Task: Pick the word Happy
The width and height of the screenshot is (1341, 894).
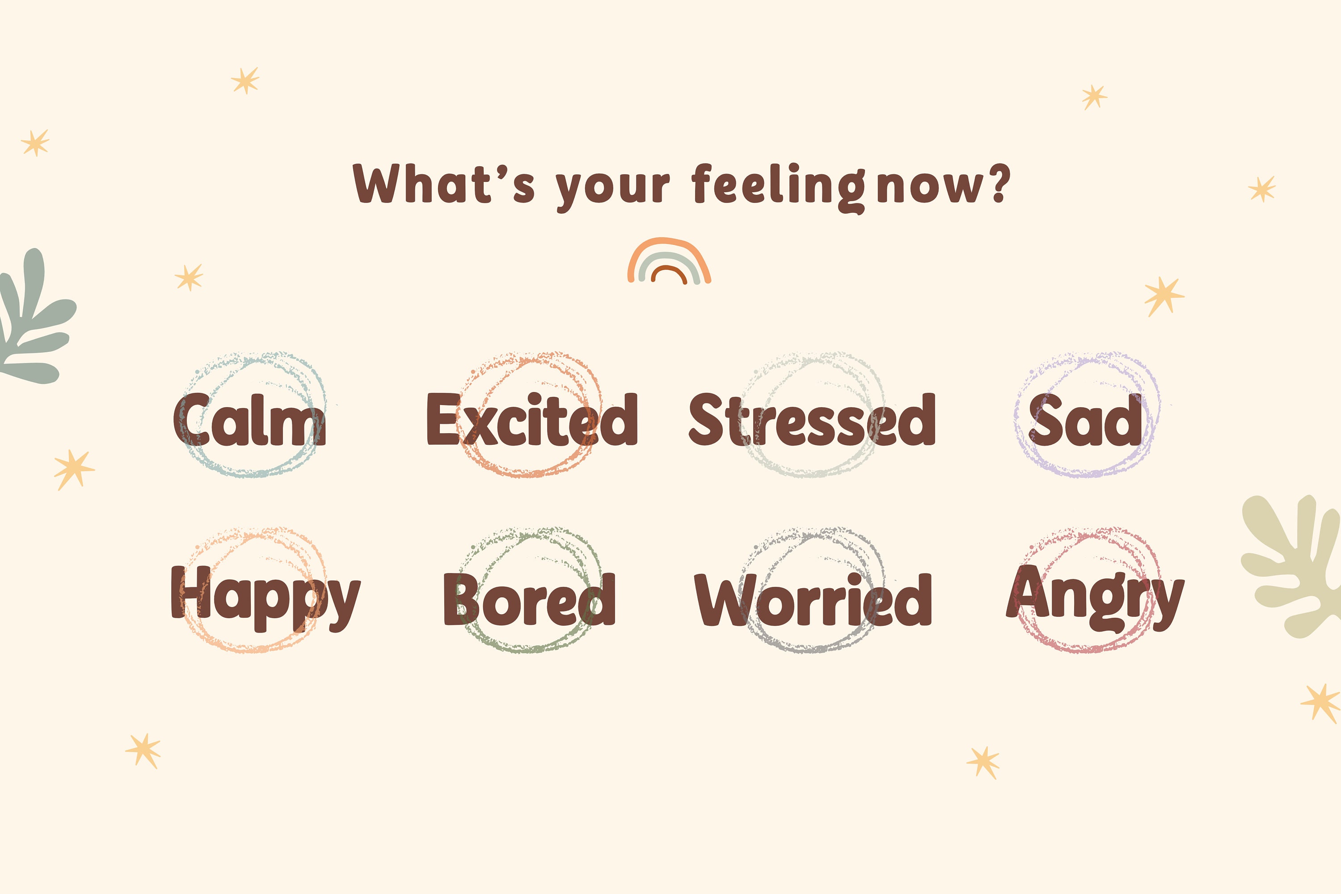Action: (x=266, y=599)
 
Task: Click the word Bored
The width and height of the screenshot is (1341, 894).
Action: (x=529, y=599)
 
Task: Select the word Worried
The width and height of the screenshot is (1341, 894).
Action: (x=813, y=599)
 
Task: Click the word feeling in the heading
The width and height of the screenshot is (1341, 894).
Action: (x=778, y=186)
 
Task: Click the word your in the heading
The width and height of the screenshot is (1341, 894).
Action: (x=613, y=189)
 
